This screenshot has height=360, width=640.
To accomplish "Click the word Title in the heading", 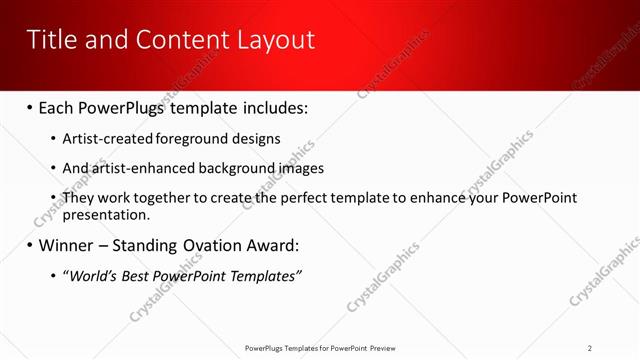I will click(x=50, y=40).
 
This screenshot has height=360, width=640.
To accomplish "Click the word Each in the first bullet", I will click(x=59, y=108).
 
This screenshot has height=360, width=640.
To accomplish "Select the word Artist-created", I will click(x=107, y=139).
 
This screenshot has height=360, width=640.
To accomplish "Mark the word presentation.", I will click(x=106, y=214).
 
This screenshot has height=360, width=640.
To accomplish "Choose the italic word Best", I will click(x=141, y=275).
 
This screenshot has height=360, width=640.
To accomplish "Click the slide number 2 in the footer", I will click(x=590, y=347).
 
